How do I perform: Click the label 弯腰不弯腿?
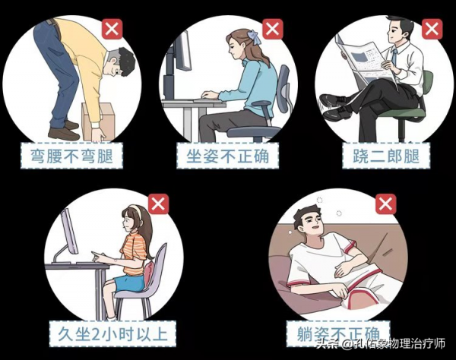pyautogui.click(x=73, y=156)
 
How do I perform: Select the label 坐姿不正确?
pyautogui.click(x=228, y=156)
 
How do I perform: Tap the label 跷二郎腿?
pyautogui.click(x=381, y=156)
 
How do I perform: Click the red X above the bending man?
pyautogui.click(x=112, y=30)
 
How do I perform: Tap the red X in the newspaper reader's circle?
pyautogui.click(x=430, y=30)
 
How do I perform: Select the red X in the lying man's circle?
pyautogui.click(x=386, y=204)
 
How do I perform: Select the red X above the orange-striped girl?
pyautogui.click(x=157, y=204)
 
